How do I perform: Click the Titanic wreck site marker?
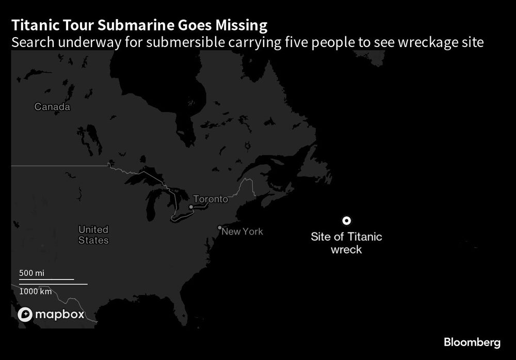[x=347, y=221]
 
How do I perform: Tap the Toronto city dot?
[x=191, y=207]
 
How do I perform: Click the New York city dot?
[x=220, y=227]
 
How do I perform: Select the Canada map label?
[x=52, y=107]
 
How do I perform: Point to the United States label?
[x=93, y=234]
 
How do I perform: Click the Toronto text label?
[x=210, y=199]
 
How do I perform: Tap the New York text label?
[x=242, y=231]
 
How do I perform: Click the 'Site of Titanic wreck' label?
[x=346, y=243]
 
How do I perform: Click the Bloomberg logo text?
[x=472, y=342]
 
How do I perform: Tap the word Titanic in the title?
[x=30, y=25]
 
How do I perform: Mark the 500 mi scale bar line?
[x=46, y=279]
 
